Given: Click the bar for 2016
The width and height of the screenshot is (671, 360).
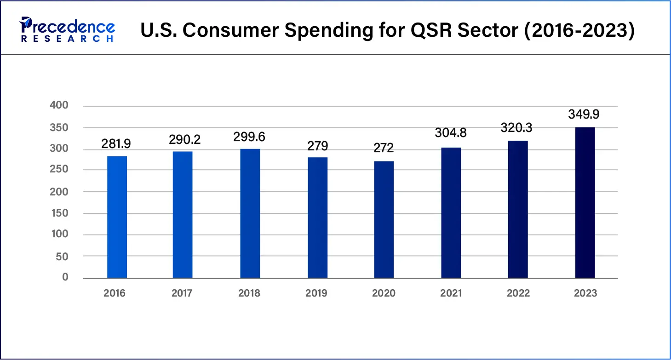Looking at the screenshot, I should point(117,217).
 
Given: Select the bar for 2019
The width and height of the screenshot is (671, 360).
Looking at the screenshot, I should point(318,217).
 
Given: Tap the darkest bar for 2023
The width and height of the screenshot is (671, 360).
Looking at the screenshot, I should point(585,203).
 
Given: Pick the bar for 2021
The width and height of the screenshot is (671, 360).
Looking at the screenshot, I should point(451,212).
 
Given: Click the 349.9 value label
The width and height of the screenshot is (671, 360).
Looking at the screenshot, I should point(584,114).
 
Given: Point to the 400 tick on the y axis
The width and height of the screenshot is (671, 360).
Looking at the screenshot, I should point(59,106).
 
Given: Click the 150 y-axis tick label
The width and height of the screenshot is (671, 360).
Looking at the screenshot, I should point(59,213).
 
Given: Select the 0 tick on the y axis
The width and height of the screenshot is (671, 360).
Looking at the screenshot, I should point(65,277).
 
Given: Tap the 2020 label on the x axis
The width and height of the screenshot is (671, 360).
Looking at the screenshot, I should point(384,293).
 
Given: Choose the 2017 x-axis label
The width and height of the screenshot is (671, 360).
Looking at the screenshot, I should point(182,293).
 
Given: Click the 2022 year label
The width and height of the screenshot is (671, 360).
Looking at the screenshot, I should point(518,293).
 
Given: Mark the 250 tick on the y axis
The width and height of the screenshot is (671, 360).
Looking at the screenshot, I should point(59,170).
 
